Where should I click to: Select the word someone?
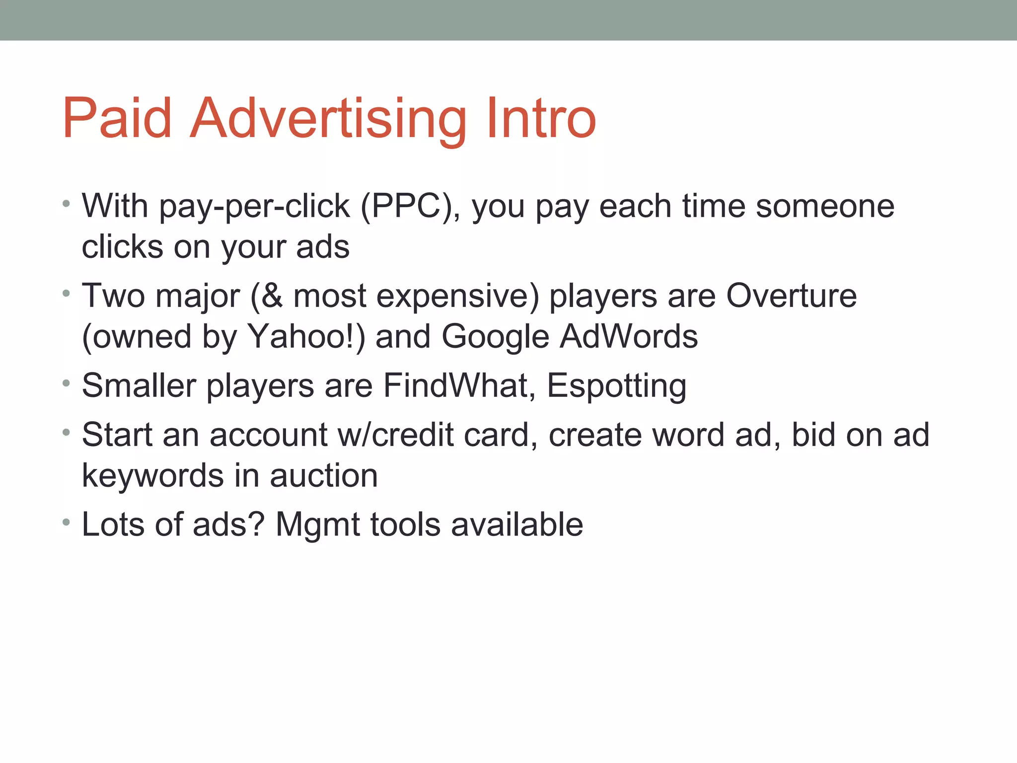pyautogui.click(x=825, y=206)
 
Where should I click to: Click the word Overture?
pyautogui.click(x=792, y=296)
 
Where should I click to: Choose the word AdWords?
pyautogui.click(x=629, y=337)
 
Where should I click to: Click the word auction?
pyautogui.click(x=324, y=476)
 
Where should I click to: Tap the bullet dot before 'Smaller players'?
pyautogui.click(x=67, y=383)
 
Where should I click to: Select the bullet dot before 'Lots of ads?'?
pyautogui.click(x=67, y=523)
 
